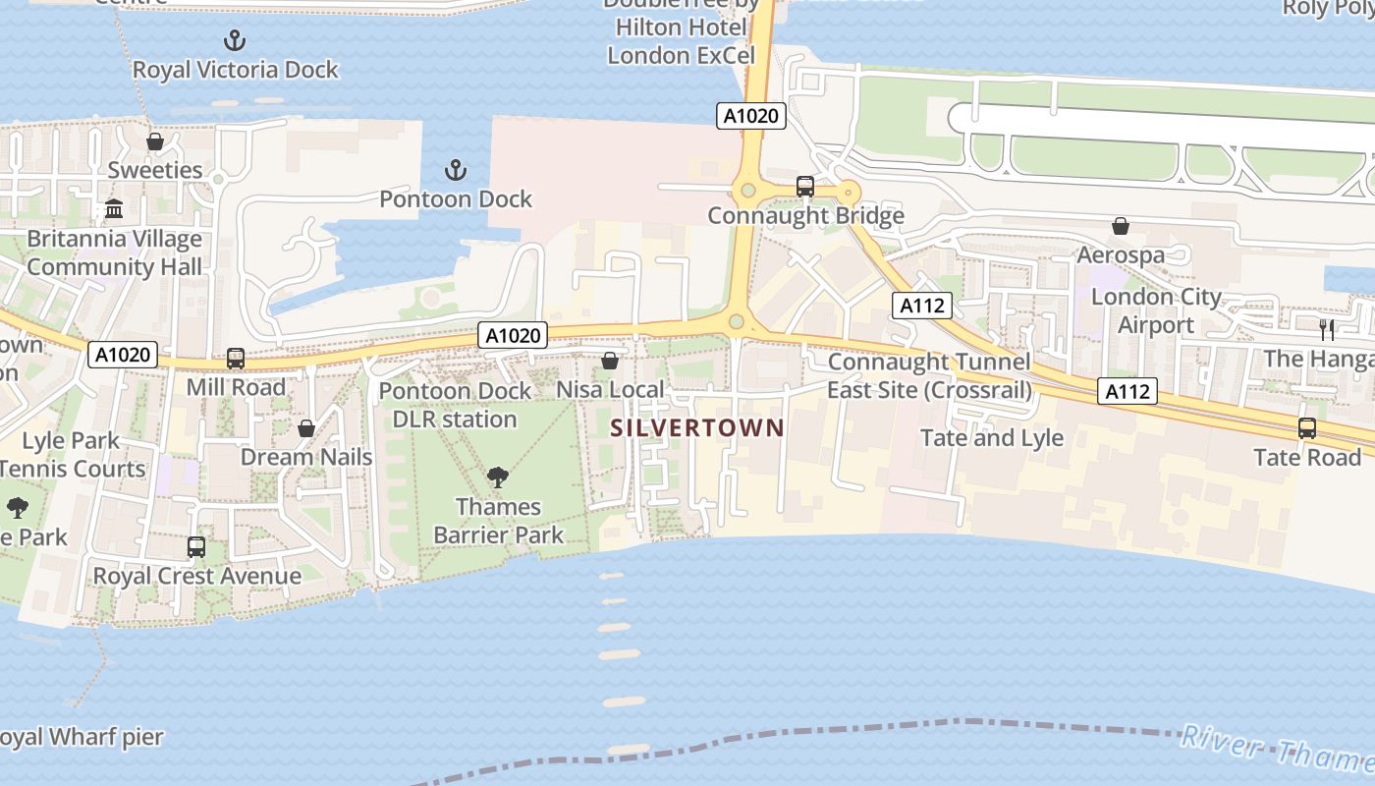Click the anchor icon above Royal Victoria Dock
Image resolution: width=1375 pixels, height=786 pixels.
tap(234, 40)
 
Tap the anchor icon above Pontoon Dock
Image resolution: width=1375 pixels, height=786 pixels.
tap(455, 171)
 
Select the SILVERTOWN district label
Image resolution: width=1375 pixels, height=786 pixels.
tap(697, 427)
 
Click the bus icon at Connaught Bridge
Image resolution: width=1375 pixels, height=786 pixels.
tap(804, 186)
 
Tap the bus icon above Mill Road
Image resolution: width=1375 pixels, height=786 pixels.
tap(236, 359)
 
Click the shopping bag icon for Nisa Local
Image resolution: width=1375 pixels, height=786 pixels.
tap(610, 361)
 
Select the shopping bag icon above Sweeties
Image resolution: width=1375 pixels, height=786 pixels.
tap(154, 141)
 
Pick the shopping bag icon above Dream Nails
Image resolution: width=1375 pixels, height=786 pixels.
tap(306, 428)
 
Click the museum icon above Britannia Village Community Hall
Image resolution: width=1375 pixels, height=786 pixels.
tap(114, 209)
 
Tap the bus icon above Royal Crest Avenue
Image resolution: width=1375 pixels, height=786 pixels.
tap(196, 547)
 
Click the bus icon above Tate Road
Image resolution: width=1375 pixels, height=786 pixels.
tap(1306, 428)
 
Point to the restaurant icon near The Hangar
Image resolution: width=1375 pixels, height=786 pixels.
tap(1327, 329)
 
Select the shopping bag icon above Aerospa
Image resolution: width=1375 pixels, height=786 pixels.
tap(1120, 227)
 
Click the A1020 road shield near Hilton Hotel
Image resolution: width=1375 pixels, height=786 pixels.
tap(750, 116)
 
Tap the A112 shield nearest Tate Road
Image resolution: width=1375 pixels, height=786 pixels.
tap(1127, 392)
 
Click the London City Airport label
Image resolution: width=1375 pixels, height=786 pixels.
tap(1156, 310)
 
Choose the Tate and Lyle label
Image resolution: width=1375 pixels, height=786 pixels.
tap(992, 437)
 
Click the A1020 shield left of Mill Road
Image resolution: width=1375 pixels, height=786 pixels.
tap(123, 355)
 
